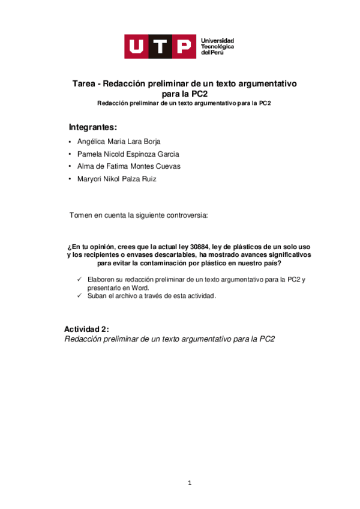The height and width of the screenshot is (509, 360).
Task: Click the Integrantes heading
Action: click(93, 127)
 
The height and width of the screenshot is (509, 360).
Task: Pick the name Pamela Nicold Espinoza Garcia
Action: click(124, 154)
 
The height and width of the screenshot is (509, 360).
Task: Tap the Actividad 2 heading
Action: click(87, 330)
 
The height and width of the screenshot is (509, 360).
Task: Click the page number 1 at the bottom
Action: click(188, 483)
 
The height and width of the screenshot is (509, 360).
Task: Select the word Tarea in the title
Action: click(84, 85)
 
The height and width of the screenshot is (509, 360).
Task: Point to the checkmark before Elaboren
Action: click(80, 280)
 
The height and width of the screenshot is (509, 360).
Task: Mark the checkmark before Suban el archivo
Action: click(80, 296)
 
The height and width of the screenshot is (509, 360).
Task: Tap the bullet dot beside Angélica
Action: click(71, 142)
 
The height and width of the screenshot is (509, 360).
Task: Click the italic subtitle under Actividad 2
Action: click(169, 339)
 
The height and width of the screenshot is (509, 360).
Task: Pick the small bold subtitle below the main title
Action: click(185, 103)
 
